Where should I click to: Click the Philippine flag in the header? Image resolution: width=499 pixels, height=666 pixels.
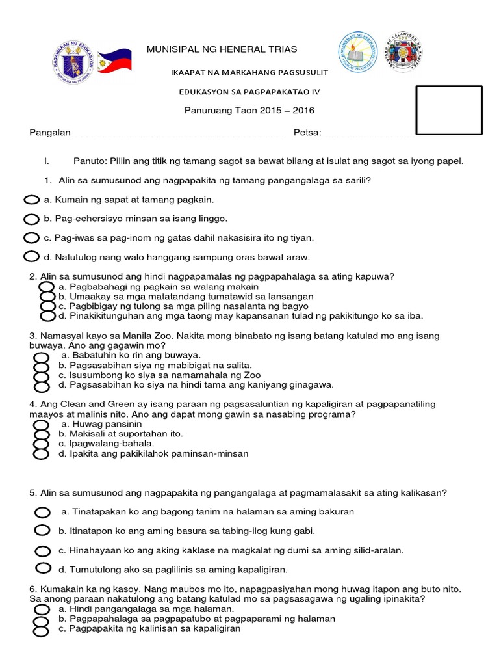pyautogui.click(x=114, y=62)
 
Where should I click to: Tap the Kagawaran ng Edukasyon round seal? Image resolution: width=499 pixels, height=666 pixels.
pyautogui.click(x=73, y=62)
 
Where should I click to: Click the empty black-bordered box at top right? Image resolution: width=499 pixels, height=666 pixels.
pyautogui.click(x=449, y=111)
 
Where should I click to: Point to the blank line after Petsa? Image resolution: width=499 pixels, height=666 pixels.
pyautogui.click(x=370, y=133)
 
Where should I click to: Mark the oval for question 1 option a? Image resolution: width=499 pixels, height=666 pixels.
pyautogui.click(x=32, y=200)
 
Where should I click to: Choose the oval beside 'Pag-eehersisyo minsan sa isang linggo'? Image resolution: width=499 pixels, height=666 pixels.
pyautogui.click(x=32, y=219)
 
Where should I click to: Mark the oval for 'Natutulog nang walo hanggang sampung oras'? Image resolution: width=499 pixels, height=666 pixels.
pyautogui.click(x=32, y=256)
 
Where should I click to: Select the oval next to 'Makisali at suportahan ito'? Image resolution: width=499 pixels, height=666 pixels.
pyautogui.click(x=42, y=434)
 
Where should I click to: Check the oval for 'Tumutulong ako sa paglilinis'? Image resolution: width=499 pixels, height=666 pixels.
pyautogui.click(x=43, y=568)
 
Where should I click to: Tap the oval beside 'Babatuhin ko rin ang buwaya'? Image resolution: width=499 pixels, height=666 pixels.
pyautogui.click(x=42, y=357)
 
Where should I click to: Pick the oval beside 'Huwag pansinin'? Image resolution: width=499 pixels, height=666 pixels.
pyautogui.click(x=42, y=424)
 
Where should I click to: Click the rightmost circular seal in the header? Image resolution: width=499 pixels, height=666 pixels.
pyautogui.click(x=405, y=53)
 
